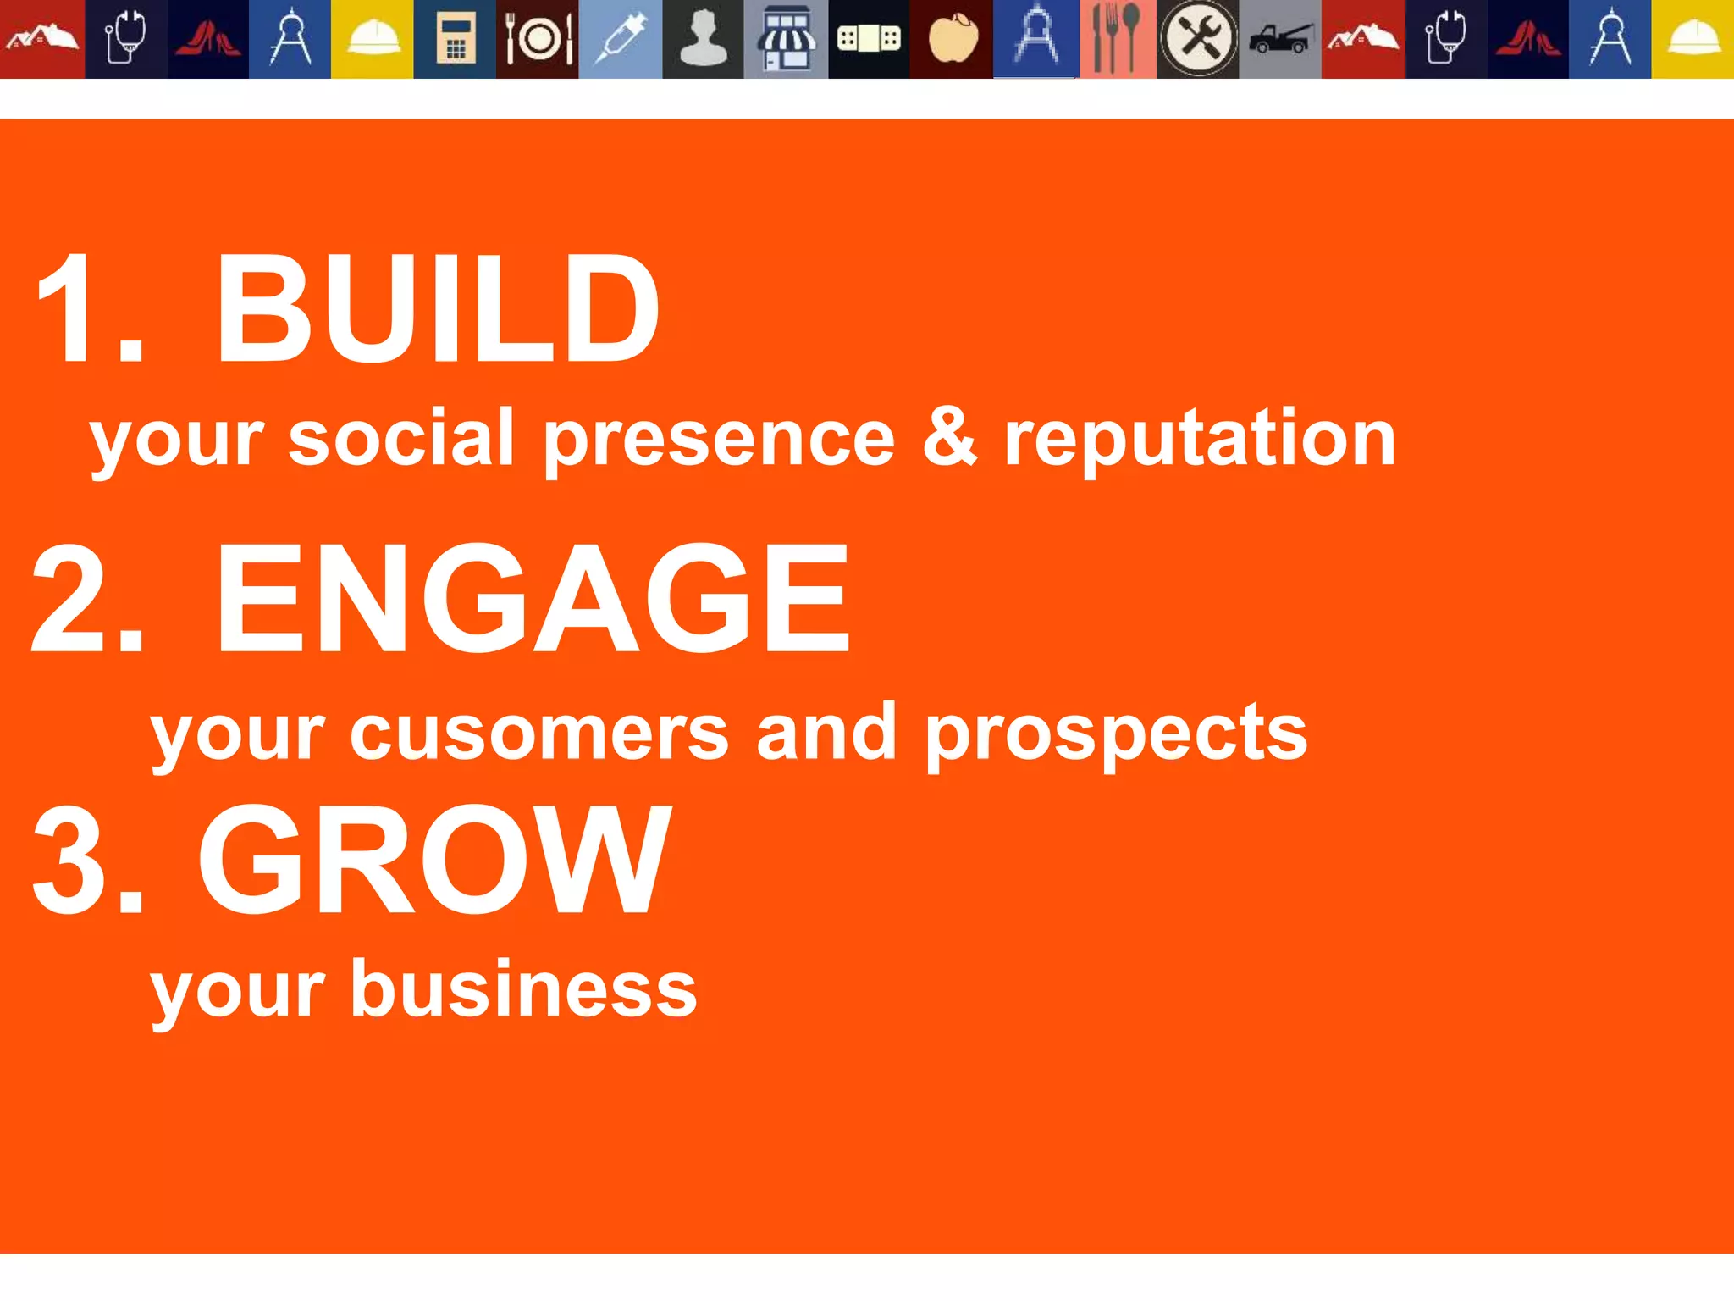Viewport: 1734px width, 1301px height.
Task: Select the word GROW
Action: (x=434, y=859)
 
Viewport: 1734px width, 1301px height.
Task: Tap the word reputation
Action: (x=1199, y=438)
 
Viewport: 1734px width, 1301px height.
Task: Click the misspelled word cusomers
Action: (x=538, y=734)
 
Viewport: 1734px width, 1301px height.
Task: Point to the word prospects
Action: (x=1116, y=734)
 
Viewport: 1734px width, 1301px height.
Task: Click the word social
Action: (x=400, y=438)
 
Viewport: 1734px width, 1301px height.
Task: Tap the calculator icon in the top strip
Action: (x=455, y=40)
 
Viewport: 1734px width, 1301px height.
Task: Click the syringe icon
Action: (x=620, y=40)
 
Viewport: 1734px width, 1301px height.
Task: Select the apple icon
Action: (x=952, y=40)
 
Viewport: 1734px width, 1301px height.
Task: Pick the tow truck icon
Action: (x=1280, y=40)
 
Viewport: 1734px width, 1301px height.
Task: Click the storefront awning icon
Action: (x=787, y=40)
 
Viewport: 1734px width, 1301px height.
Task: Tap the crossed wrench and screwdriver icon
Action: (x=1197, y=40)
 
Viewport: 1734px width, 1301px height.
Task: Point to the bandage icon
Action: (x=869, y=40)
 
